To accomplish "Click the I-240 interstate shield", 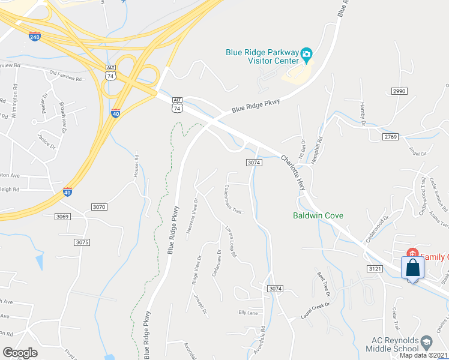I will click(35, 36).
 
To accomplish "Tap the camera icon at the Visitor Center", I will click(306, 55).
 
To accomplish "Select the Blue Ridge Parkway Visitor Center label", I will click(262, 56).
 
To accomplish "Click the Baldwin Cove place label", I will click(317, 215).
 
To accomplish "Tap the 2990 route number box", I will click(399, 91).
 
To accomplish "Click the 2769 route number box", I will click(390, 137).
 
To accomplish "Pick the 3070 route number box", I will click(99, 207).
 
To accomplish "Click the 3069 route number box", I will click(62, 216).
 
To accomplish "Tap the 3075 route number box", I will click(82, 242).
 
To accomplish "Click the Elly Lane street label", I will click(248, 313).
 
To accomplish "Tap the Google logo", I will click(20, 353).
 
